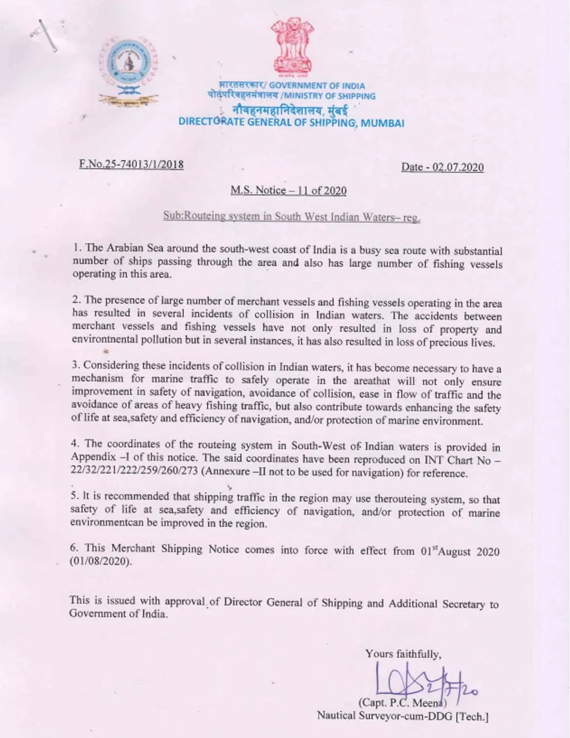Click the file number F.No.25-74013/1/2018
coord(131,164)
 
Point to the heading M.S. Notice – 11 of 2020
coord(288,190)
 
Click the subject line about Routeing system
coord(291,217)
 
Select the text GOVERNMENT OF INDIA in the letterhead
coord(317,86)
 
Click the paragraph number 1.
coord(77,247)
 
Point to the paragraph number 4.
coord(75,444)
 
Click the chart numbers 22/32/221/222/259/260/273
coord(134,471)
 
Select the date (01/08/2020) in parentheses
coord(101,561)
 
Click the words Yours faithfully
coord(403,654)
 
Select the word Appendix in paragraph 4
coord(93,457)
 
